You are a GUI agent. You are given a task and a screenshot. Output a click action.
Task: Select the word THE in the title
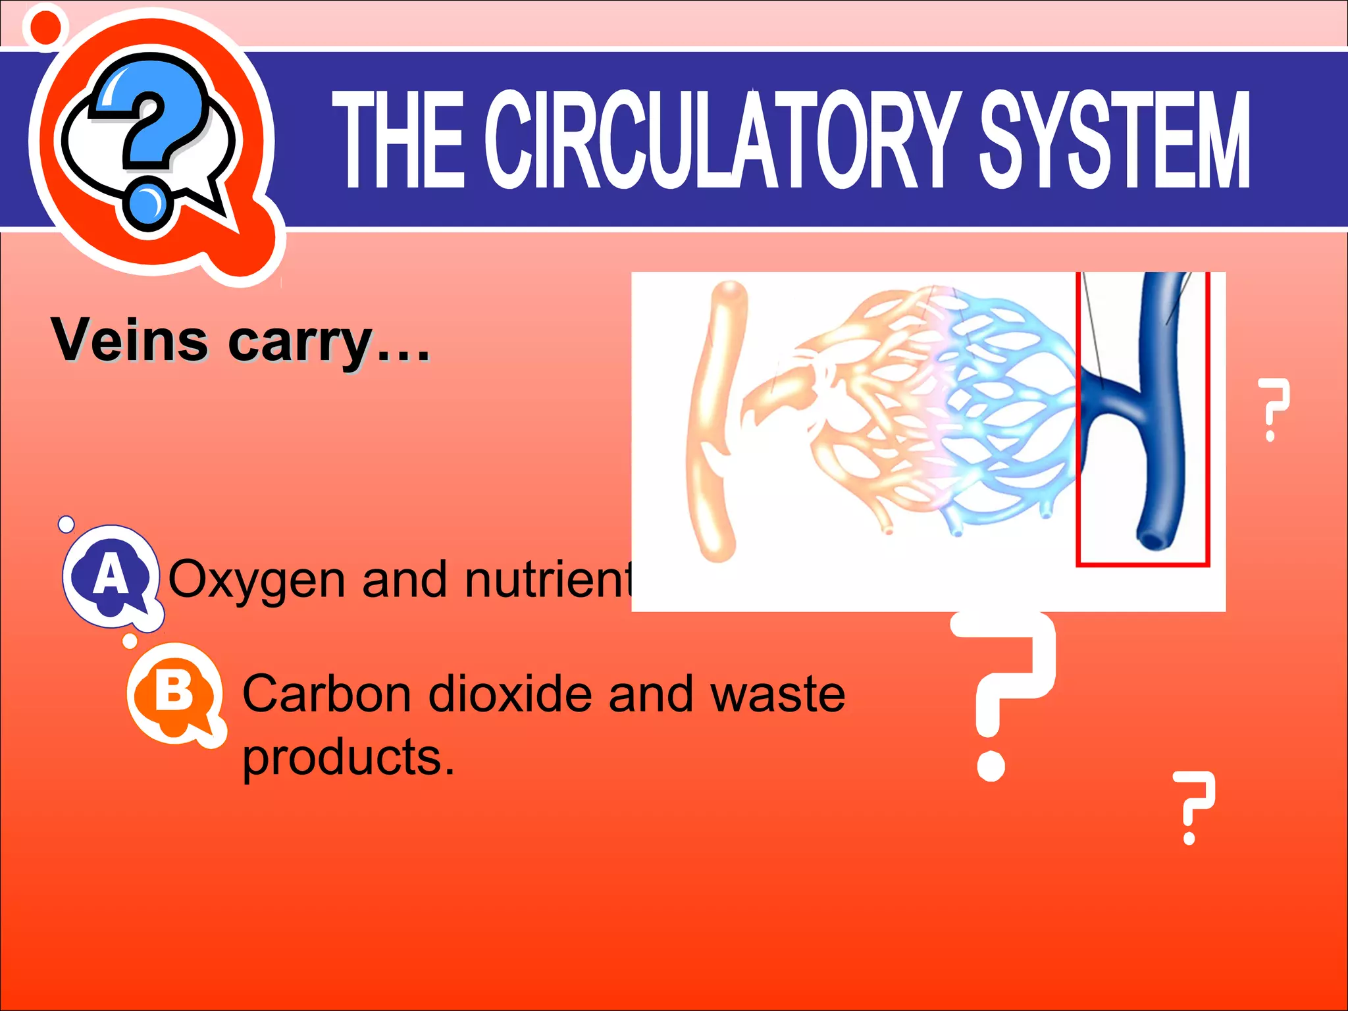(398, 140)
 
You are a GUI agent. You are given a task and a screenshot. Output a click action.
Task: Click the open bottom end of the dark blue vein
(1153, 540)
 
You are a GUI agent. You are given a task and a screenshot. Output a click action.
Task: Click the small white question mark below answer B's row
(1193, 806)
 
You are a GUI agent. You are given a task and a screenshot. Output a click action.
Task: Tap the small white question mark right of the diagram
(1272, 408)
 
